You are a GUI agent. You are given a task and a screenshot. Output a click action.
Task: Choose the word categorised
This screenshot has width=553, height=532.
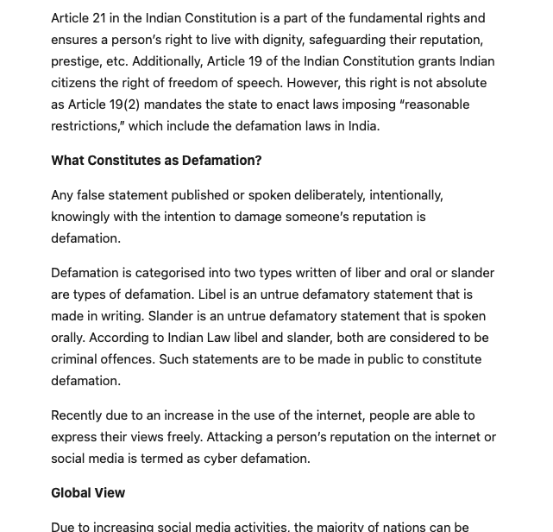point(173,273)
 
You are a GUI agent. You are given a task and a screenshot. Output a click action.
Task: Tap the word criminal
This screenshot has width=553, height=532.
point(80,359)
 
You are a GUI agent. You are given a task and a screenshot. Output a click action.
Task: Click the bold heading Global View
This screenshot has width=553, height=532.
point(88,493)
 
